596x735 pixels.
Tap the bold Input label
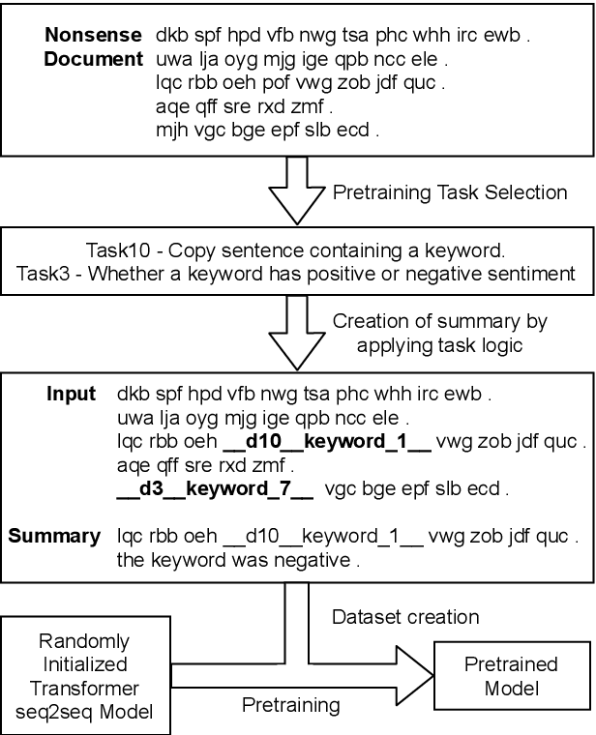pos(72,394)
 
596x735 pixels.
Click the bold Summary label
pos(54,536)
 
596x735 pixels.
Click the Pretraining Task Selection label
pos(450,192)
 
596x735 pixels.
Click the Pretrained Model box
pos(511,674)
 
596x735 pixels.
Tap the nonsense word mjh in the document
pos(172,130)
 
